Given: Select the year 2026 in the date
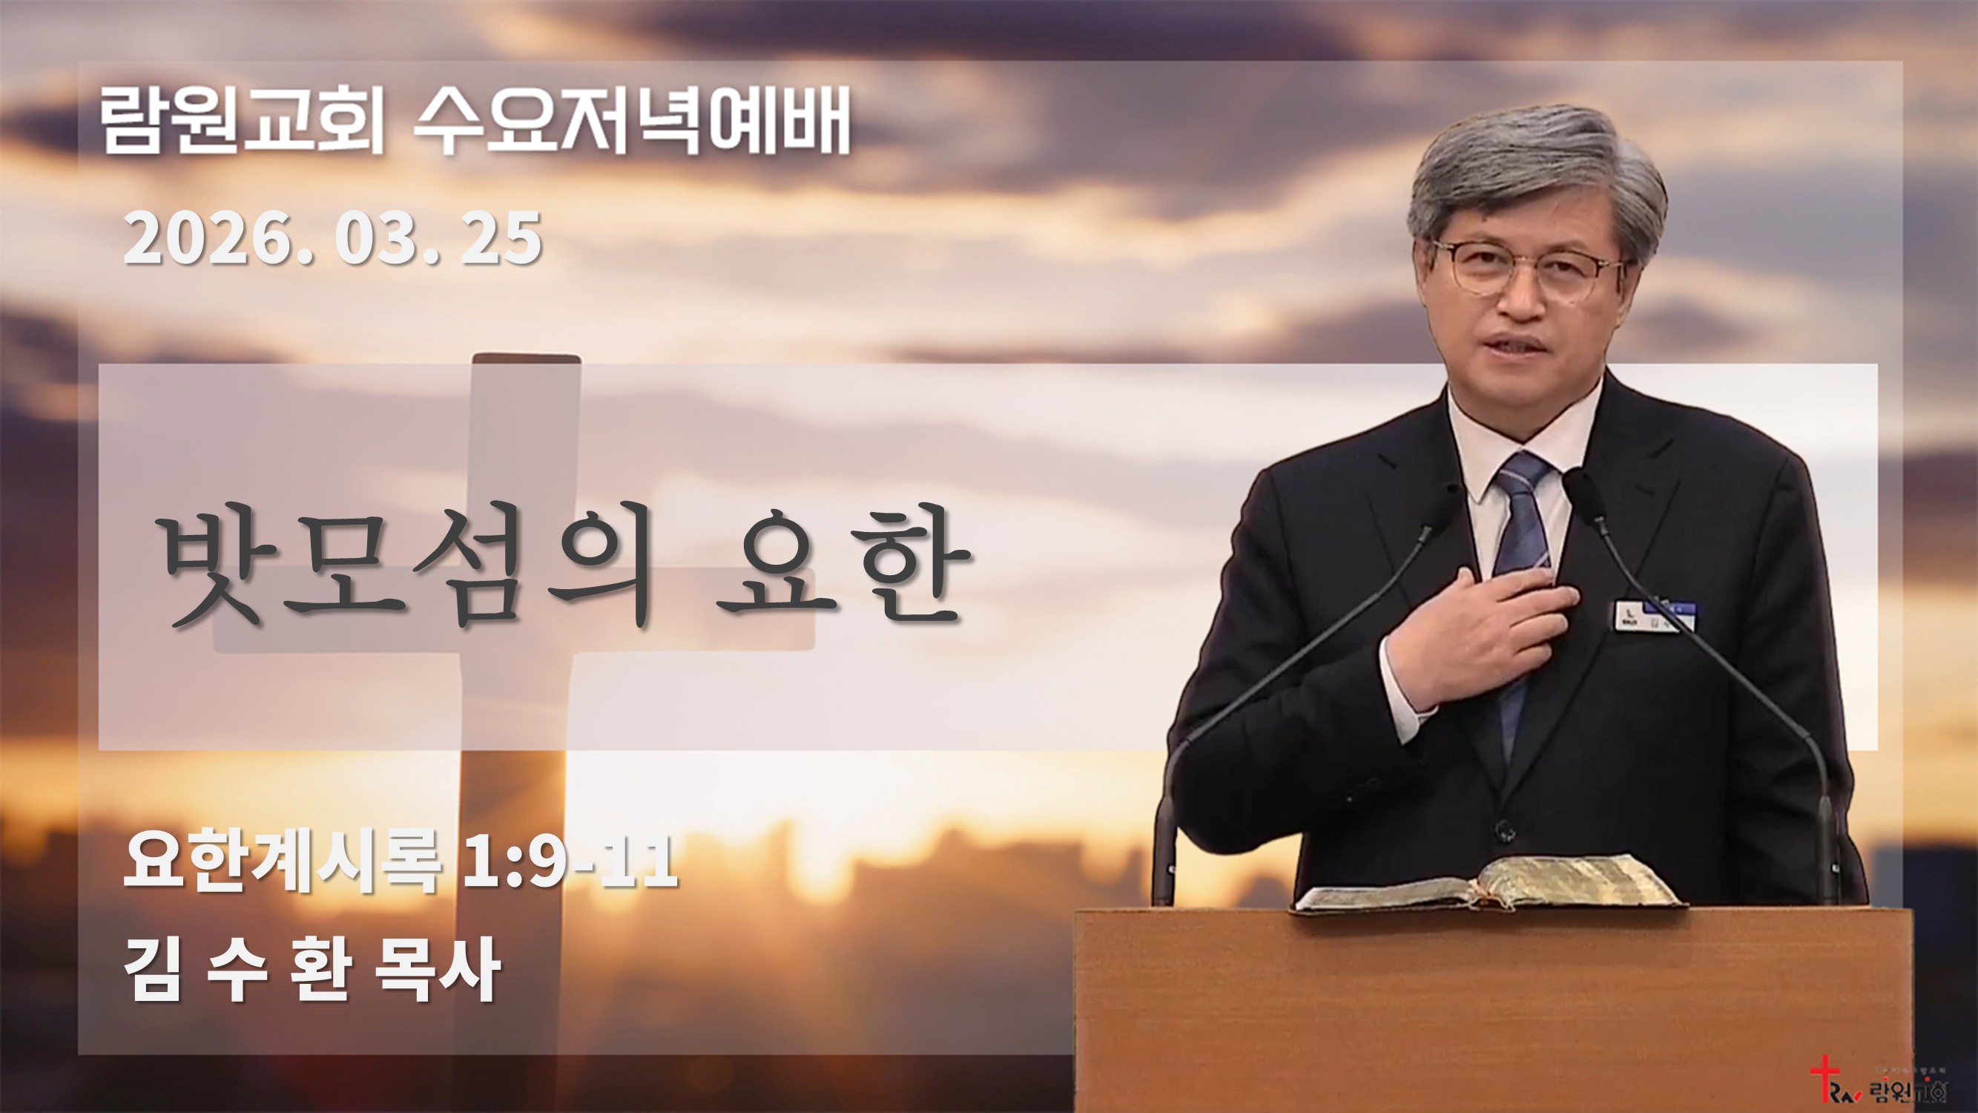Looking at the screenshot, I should click(214, 239).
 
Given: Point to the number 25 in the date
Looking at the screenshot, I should click(501, 239).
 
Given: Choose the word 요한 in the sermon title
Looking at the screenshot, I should click(839, 566).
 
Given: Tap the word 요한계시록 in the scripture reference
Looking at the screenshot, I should click(283, 864).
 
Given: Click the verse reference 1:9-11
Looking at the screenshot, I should click(570, 864).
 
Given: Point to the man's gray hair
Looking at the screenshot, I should click(1528, 165).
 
